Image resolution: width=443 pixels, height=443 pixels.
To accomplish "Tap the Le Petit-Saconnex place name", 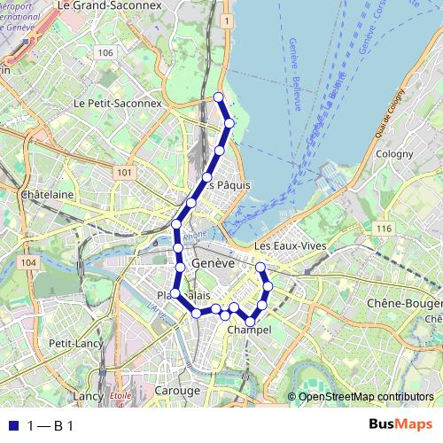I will (119, 103).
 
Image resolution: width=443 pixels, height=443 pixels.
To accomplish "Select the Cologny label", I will (394, 153).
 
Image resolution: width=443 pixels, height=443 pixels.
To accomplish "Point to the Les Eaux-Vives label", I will (291, 245).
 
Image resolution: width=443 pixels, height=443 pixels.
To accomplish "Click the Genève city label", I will (213, 264).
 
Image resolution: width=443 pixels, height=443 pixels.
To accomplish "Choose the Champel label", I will (249, 330).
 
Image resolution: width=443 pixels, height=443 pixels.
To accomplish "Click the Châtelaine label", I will (44, 192).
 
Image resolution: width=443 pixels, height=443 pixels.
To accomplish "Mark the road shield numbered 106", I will (106, 53).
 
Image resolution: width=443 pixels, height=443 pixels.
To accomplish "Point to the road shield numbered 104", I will (30, 263).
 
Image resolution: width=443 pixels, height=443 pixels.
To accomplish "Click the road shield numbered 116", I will (384, 229).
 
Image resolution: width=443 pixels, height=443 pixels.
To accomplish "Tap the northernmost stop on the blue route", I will (219, 97).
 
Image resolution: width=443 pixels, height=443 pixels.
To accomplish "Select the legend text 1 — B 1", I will (50, 426).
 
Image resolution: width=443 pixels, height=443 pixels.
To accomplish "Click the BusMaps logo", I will (400, 425).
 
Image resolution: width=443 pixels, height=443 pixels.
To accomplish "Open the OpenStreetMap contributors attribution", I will (366, 396).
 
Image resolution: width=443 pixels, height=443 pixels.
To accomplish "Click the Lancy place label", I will (89, 395).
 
